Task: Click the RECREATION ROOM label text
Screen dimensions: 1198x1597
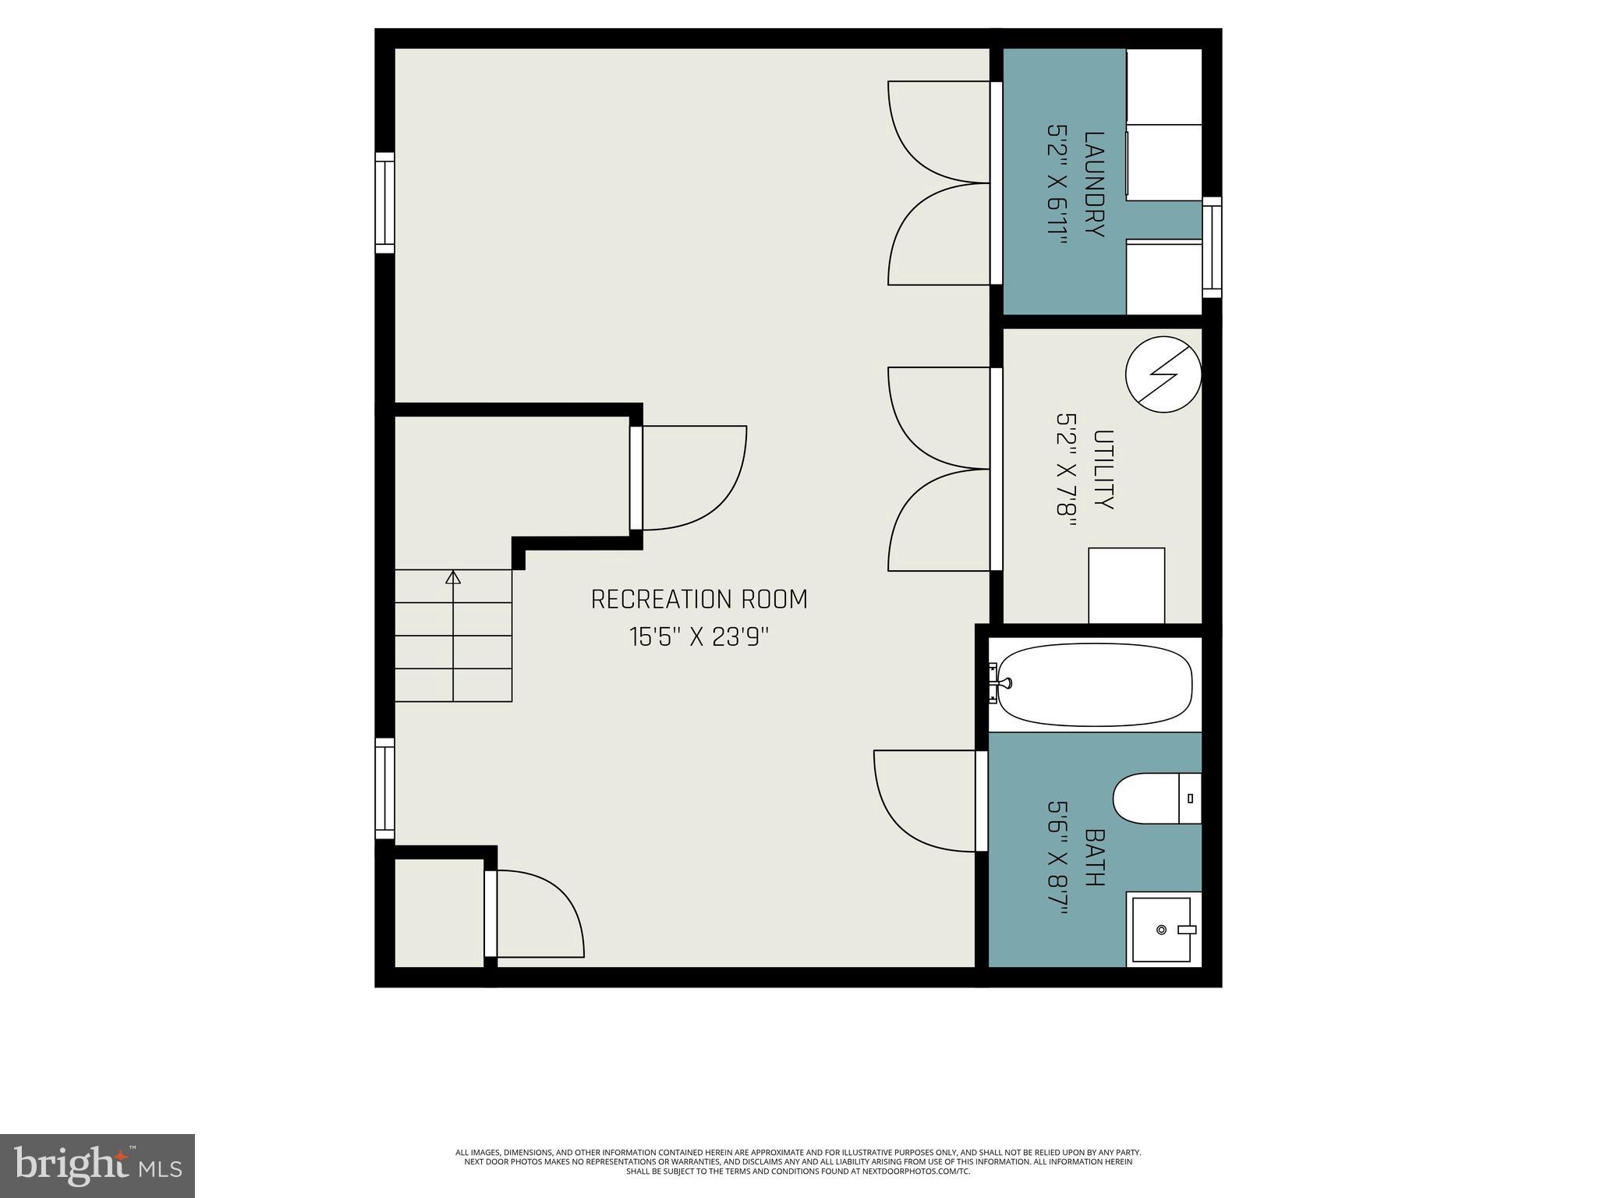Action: pyautogui.click(x=699, y=599)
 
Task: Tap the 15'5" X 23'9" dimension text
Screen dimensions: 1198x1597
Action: pyautogui.click(x=699, y=637)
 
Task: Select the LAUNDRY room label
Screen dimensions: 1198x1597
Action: pyautogui.click(x=1095, y=185)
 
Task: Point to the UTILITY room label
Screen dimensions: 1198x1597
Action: pyautogui.click(x=1103, y=469)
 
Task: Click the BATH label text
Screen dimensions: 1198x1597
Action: pyautogui.click(x=1095, y=857)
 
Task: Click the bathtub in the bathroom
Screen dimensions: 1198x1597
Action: pyautogui.click(x=1095, y=685)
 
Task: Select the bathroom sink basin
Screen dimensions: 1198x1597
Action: pyautogui.click(x=1161, y=930)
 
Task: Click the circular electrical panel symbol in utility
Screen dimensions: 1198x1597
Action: pyautogui.click(x=1163, y=374)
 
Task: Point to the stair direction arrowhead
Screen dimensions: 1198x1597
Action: pyautogui.click(x=453, y=577)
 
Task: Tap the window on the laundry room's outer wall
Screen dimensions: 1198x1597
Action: pyautogui.click(x=1211, y=246)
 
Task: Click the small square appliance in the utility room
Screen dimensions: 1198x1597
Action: pyautogui.click(x=1126, y=585)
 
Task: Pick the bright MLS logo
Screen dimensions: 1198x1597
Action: pyautogui.click(x=97, y=1165)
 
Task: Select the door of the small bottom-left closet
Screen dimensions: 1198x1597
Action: pyautogui.click(x=490, y=913)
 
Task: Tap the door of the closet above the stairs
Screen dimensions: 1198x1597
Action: pyautogui.click(x=636, y=478)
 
